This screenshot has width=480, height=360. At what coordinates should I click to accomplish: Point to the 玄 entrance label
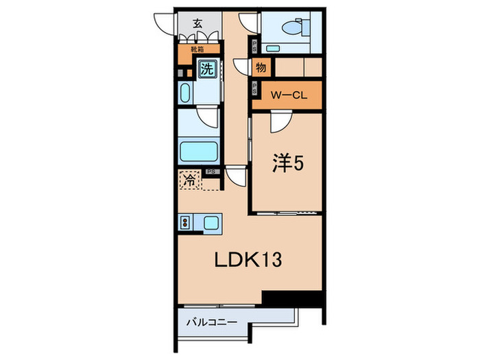[x=197, y=23]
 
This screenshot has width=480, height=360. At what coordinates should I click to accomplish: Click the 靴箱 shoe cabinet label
[x=197, y=49]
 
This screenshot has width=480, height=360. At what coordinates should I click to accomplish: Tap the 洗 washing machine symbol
[x=206, y=69]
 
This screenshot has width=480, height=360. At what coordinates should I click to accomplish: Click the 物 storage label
[x=261, y=68]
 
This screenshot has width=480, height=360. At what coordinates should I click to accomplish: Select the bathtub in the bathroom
[x=198, y=151]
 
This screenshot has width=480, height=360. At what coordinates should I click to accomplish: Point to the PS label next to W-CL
[x=254, y=88]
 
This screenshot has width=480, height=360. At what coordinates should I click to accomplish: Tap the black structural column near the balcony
[x=292, y=299]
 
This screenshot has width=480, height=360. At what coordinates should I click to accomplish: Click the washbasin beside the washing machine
[x=187, y=92]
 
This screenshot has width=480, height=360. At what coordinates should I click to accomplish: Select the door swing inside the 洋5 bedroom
[x=280, y=123]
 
